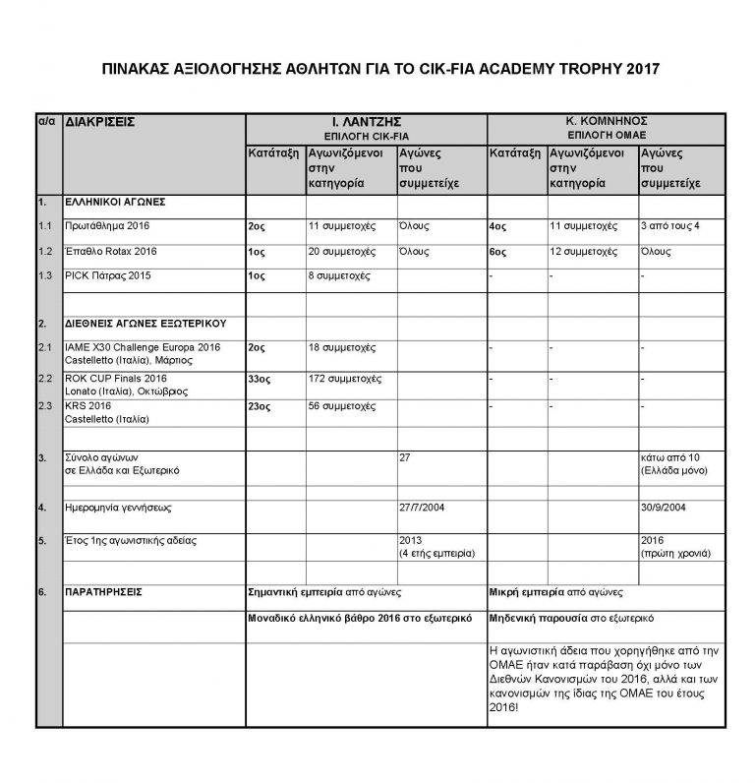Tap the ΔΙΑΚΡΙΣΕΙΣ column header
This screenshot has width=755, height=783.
click(98, 121)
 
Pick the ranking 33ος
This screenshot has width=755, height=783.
click(261, 379)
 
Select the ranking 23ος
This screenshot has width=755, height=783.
click(261, 405)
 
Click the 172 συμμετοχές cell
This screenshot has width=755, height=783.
click(345, 379)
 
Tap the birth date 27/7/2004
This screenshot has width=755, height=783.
click(424, 509)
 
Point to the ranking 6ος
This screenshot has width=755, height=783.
click(497, 252)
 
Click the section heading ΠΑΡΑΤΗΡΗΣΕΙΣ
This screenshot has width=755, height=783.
click(103, 593)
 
